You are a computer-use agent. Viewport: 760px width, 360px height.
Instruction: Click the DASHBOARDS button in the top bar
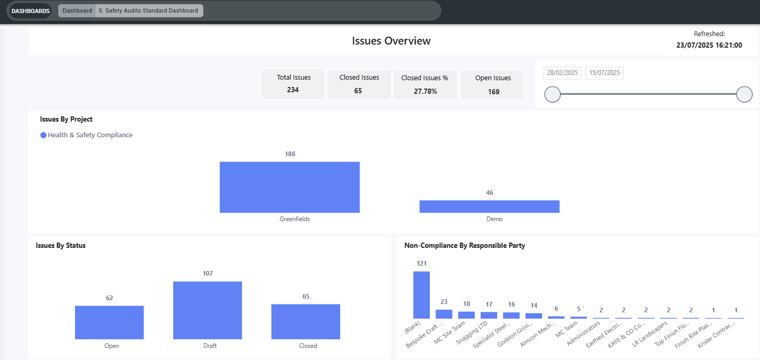point(30,11)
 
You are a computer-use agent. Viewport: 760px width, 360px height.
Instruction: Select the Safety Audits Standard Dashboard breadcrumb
point(148,10)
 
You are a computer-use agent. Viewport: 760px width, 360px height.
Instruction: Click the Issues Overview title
point(391,41)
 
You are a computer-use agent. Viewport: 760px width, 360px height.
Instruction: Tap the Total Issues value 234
point(293,90)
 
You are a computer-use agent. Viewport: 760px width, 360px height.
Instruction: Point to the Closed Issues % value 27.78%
point(425,91)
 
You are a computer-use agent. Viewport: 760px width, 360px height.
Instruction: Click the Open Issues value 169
point(493,92)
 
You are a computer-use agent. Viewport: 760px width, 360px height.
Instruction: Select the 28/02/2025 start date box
point(562,73)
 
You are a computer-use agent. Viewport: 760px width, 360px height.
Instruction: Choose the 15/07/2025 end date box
point(604,73)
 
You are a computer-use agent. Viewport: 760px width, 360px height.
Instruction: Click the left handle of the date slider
point(552,94)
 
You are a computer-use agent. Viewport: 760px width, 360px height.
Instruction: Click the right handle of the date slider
point(744,94)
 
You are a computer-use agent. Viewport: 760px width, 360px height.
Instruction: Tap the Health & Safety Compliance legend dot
point(44,135)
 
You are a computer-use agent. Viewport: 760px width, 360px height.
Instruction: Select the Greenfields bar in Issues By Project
point(290,187)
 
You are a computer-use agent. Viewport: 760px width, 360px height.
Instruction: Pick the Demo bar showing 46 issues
point(489,206)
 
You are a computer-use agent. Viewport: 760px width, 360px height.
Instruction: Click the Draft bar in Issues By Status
point(208,310)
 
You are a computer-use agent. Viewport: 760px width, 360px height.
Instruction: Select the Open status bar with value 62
point(109,322)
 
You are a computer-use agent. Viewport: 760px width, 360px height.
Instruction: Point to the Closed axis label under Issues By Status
point(308,346)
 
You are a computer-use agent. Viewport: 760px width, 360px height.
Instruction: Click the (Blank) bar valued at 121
point(421,295)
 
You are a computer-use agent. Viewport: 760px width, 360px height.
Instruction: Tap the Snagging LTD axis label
point(472,333)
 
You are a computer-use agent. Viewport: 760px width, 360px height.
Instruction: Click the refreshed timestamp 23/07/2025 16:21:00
point(709,45)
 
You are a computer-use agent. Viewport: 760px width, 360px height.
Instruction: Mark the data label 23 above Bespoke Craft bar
point(444,302)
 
